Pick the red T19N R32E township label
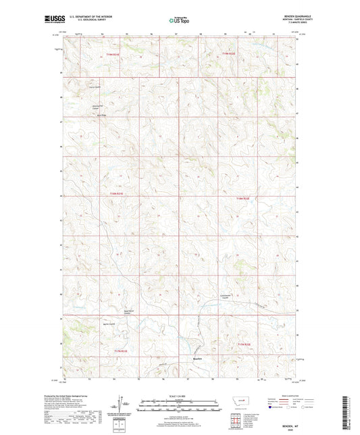click(231, 53)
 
